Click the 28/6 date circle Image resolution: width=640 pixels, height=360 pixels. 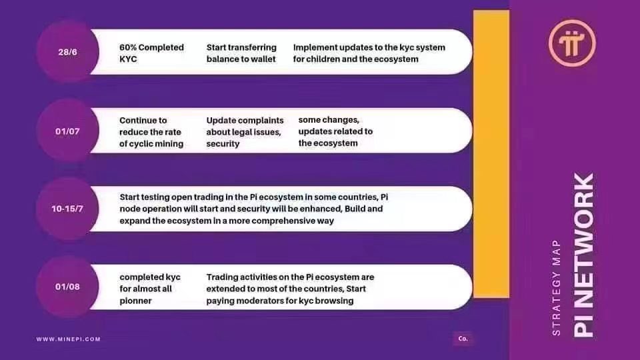(67, 52)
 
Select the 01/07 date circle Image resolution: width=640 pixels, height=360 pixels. (67, 131)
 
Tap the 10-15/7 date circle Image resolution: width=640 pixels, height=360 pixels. (67, 209)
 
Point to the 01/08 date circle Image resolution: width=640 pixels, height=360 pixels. (67, 287)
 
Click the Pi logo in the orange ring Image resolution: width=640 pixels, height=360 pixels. (572, 43)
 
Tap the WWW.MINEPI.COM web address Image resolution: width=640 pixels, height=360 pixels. (68, 339)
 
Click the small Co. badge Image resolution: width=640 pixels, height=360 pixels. (463, 339)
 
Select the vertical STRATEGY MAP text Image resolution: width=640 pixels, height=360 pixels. (556, 288)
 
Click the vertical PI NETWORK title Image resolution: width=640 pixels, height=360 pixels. (583, 255)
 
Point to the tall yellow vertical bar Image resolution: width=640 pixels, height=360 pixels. (491, 154)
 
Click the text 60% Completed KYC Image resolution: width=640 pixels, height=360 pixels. (151, 53)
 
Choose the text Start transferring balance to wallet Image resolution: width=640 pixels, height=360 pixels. (241, 53)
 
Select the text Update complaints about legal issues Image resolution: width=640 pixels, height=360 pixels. (245, 126)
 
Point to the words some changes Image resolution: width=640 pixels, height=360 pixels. (329, 120)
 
